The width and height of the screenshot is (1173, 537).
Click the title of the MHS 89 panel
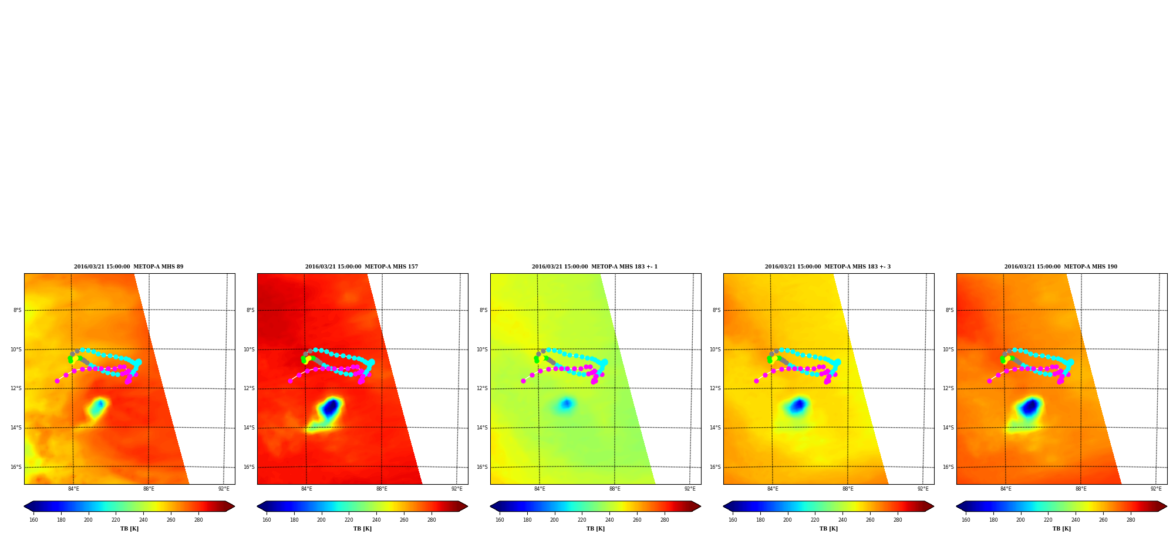pos(129,267)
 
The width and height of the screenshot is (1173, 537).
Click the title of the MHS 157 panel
pos(362,267)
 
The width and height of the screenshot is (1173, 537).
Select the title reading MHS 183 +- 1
pos(595,267)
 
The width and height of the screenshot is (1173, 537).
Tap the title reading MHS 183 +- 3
pos(828,267)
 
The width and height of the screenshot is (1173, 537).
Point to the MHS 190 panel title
pos(1061,267)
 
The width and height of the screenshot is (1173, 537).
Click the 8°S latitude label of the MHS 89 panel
pos(18,310)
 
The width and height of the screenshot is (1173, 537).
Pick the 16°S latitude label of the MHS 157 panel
pos(250,467)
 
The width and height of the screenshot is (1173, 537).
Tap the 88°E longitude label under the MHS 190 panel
pos(1081,489)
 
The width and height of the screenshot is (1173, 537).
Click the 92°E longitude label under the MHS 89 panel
pos(224,489)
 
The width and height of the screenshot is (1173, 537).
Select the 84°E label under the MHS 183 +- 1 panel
pos(540,489)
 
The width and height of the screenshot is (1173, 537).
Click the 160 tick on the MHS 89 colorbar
pos(33,519)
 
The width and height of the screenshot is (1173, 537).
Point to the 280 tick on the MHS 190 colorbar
pos(1131,519)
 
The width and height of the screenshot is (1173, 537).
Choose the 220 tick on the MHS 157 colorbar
pos(349,519)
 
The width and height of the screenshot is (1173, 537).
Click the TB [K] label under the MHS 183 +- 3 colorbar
pos(828,529)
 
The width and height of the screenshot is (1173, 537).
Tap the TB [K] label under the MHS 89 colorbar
pos(129,529)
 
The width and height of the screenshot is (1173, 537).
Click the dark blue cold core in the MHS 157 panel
pos(331,407)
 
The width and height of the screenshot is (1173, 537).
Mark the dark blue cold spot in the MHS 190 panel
pos(1030,407)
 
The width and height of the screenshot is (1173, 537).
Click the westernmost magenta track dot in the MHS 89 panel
pos(57,381)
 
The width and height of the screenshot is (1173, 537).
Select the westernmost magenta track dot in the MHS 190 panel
pos(989,381)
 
